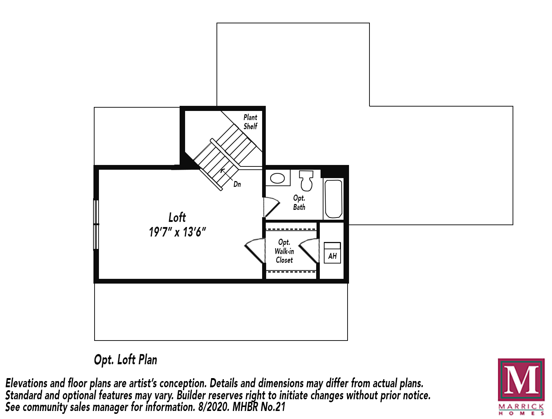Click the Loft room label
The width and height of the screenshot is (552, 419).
pyautogui.click(x=177, y=218)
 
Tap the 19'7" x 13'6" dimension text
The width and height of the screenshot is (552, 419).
pyautogui.click(x=177, y=232)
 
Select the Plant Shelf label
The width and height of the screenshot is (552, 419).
pyautogui.click(x=250, y=122)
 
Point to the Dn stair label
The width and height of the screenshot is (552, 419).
pyautogui.click(x=237, y=184)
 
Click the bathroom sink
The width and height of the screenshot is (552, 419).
pyautogui.click(x=277, y=178)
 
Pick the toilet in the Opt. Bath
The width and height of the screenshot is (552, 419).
pyautogui.click(x=307, y=180)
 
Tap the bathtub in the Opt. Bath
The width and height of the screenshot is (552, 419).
pyautogui.click(x=333, y=199)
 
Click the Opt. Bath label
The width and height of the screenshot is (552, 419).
pyautogui.click(x=299, y=203)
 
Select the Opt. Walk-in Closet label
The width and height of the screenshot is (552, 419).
pyautogui.click(x=284, y=251)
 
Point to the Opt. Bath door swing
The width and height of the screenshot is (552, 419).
pyautogui.click(x=271, y=207)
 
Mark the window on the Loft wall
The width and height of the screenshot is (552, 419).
pyautogui.click(x=96, y=224)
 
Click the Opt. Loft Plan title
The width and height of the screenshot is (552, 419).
pyautogui.click(x=125, y=360)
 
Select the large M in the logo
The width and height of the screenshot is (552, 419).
pyautogui.click(x=521, y=380)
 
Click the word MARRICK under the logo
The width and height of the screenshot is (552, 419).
pyautogui.click(x=521, y=406)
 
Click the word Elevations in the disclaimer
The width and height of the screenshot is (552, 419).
pyautogui.click(x=27, y=383)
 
